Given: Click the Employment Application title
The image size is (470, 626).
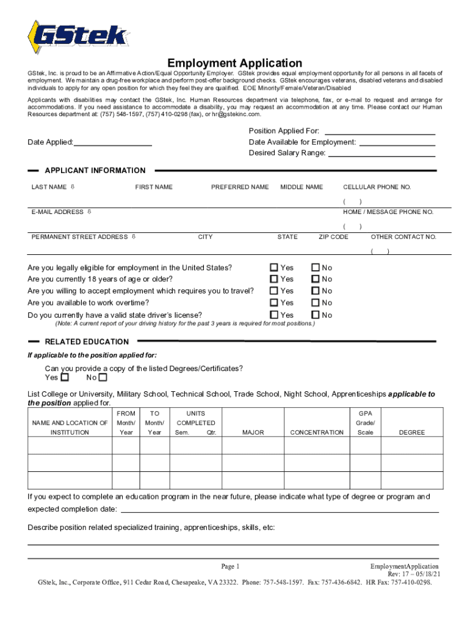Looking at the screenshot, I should click(x=234, y=63).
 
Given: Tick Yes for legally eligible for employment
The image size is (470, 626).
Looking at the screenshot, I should click(x=274, y=268).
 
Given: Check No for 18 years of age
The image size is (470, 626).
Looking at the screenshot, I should click(x=316, y=279).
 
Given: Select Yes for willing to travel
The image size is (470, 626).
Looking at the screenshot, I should click(x=274, y=291).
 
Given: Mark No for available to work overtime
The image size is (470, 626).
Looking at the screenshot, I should click(x=316, y=303).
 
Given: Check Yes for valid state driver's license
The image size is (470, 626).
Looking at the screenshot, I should click(x=274, y=315).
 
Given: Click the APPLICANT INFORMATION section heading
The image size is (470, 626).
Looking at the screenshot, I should click(x=95, y=171).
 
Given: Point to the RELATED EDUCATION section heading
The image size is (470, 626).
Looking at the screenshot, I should click(x=87, y=342).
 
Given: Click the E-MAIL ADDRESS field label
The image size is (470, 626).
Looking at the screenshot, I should click(x=57, y=212).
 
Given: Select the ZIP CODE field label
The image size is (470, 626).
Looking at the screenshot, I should click(x=333, y=237).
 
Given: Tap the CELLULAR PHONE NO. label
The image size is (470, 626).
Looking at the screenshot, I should click(x=377, y=187).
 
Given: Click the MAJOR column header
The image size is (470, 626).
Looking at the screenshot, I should click(x=253, y=432).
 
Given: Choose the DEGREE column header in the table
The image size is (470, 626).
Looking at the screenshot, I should click(x=411, y=432).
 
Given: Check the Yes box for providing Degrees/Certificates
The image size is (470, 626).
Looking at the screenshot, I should click(x=65, y=377).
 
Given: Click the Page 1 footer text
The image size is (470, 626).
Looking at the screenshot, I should click(x=234, y=566).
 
